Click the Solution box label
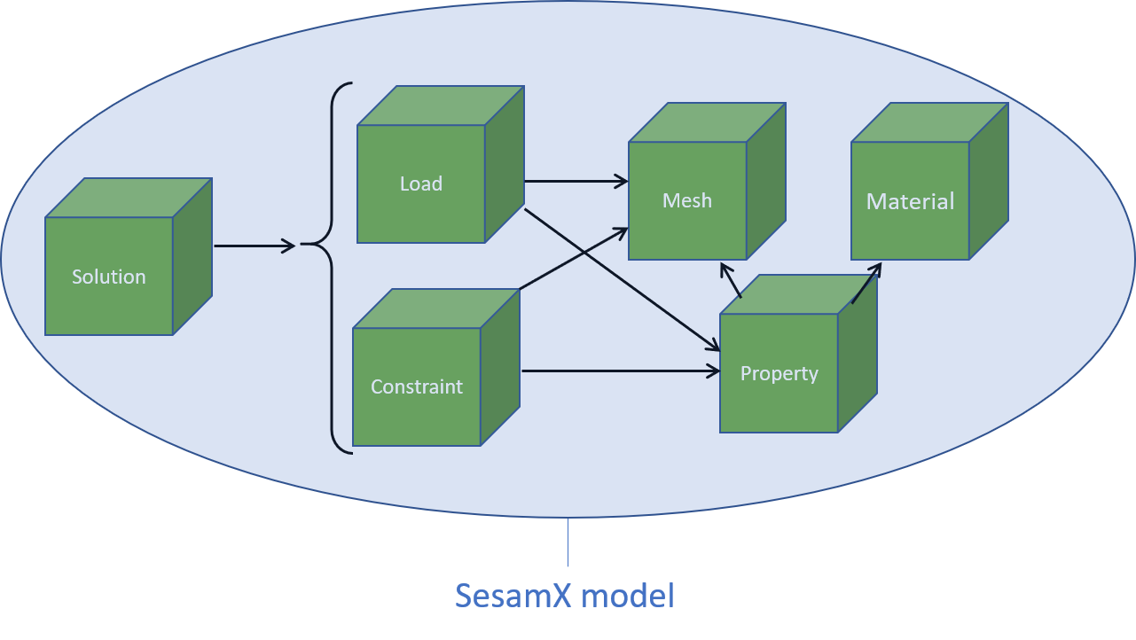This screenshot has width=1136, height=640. pyautogui.click(x=108, y=277)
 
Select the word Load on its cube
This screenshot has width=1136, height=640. pyautogui.click(x=421, y=183)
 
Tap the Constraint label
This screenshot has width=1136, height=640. pyautogui.click(x=417, y=386)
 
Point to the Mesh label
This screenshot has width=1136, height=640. pyautogui.click(x=687, y=200)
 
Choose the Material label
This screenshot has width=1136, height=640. pyautogui.click(x=910, y=201)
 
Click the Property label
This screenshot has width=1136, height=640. pyautogui.click(x=779, y=373)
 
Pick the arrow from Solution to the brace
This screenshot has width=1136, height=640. pyautogui.click(x=255, y=246)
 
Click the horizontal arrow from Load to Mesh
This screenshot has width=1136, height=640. pyautogui.click(x=576, y=182)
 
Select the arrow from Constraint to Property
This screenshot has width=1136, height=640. pyautogui.click(x=621, y=371)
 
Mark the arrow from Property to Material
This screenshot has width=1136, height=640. pyautogui.click(x=866, y=283)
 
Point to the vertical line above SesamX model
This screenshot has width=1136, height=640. pyautogui.click(x=568, y=542)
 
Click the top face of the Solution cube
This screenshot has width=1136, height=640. pyautogui.click(x=129, y=198)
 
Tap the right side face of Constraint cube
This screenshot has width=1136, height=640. pyautogui.click(x=499, y=367)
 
